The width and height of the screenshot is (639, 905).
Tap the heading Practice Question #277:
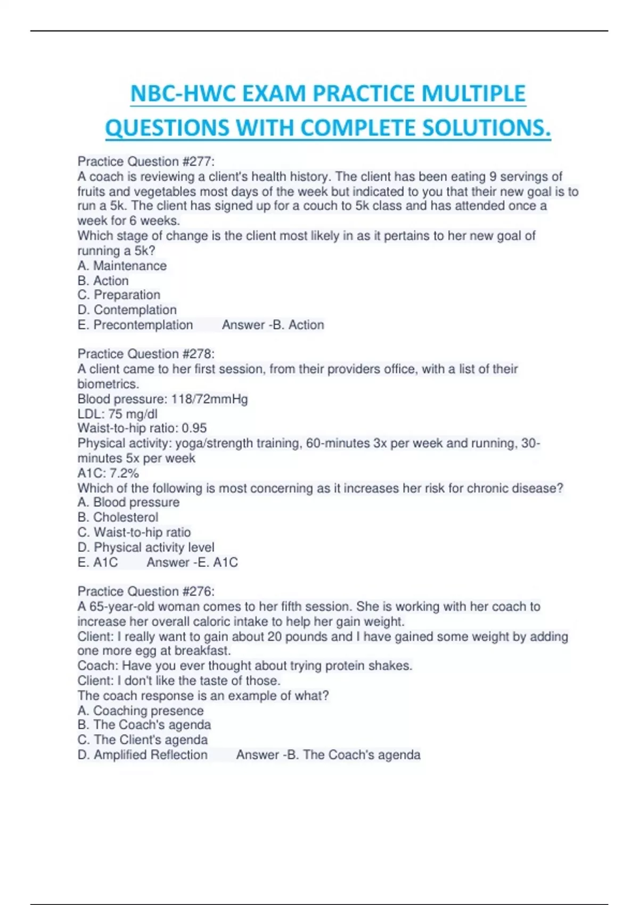click(x=146, y=161)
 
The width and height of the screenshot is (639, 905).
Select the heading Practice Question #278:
click(x=146, y=354)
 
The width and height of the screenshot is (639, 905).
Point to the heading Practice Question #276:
click(x=146, y=591)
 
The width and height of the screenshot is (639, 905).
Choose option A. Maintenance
click(x=122, y=266)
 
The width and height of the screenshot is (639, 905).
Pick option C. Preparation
click(x=119, y=295)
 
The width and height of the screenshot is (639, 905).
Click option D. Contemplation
click(x=127, y=310)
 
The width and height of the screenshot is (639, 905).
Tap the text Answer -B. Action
click(x=273, y=325)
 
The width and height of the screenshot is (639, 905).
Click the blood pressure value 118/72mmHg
click(x=209, y=399)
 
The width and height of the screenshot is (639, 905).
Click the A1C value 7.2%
click(x=124, y=473)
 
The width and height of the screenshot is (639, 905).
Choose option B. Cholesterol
click(x=118, y=517)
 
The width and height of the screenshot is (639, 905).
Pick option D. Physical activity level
click(x=146, y=547)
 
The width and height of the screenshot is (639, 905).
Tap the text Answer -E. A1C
click(x=192, y=562)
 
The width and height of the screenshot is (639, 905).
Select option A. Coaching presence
click(x=141, y=711)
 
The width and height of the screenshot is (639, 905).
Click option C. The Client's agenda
click(x=142, y=739)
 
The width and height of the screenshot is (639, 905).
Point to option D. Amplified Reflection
click(x=142, y=754)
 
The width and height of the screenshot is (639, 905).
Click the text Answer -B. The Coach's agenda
click(x=328, y=754)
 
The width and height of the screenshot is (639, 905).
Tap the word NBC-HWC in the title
click(x=183, y=94)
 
